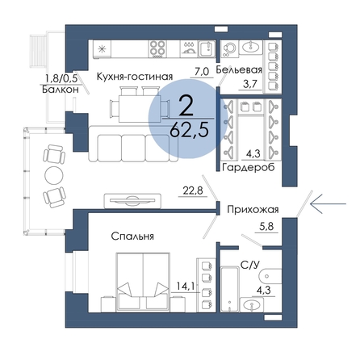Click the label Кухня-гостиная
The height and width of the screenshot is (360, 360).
(x=134, y=77)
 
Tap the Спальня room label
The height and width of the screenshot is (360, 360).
(x=132, y=237)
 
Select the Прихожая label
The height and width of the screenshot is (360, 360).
(x=253, y=210)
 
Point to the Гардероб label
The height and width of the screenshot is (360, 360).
(x=249, y=167)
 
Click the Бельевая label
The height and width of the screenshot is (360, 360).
(x=239, y=69)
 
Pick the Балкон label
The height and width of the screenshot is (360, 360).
(x=61, y=90)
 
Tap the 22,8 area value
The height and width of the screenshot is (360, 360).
(x=193, y=190)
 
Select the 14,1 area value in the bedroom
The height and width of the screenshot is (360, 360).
(x=186, y=286)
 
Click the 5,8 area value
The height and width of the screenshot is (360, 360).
(x=266, y=227)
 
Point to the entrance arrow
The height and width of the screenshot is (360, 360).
(x=328, y=204)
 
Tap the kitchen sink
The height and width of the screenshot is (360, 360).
(x=207, y=48)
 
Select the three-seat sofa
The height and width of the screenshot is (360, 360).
(x=133, y=144)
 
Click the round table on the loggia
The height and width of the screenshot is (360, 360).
(x=54, y=176)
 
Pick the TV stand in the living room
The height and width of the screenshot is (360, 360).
(x=132, y=200)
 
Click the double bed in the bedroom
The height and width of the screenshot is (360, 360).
(x=143, y=283)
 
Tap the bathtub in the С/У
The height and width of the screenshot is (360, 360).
(x=230, y=289)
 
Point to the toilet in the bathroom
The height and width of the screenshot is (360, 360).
(x=270, y=277)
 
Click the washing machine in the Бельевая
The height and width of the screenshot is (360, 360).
(x=229, y=48)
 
